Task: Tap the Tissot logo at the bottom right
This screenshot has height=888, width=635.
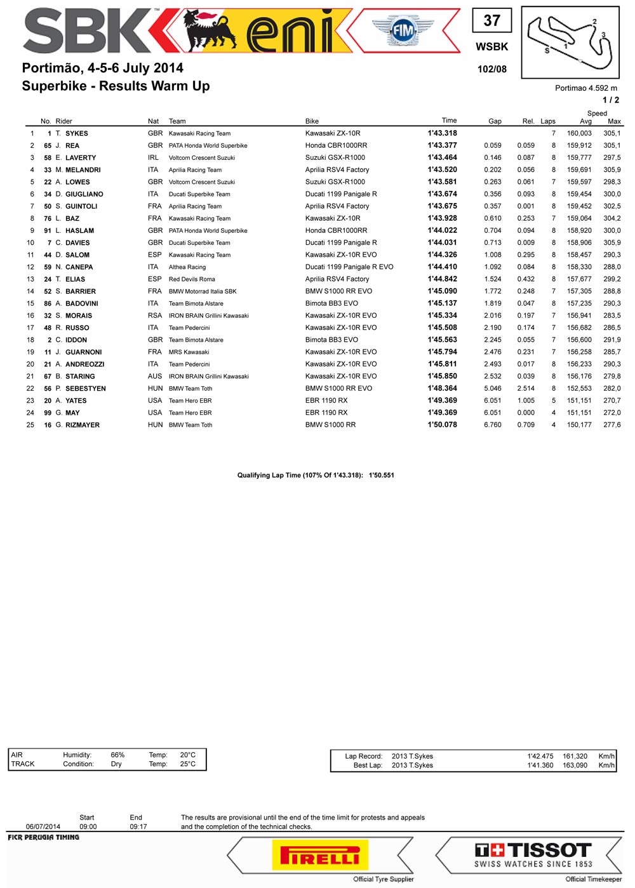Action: pyautogui.click(x=533, y=854)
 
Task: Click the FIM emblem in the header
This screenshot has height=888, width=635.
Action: pyautogui.click(x=403, y=30)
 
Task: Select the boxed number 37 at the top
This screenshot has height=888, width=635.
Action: pyautogui.click(x=491, y=20)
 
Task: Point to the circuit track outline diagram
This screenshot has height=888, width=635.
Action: pyautogui.click(x=570, y=42)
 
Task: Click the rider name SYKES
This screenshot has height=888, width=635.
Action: pyautogui.click(x=77, y=134)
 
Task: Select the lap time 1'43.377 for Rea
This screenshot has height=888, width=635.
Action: pyautogui.click(x=442, y=145)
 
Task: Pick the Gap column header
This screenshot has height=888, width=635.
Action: pyautogui.click(x=495, y=121)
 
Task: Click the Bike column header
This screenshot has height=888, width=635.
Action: pyautogui.click(x=312, y=121)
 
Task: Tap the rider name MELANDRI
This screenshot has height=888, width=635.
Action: pyautogui.click(x=83, y=170)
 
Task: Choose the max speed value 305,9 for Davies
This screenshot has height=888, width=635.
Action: pyautogui.click(x=612, y=243)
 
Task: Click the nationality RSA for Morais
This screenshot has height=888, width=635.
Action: pyautogui.click(x=155, y=316)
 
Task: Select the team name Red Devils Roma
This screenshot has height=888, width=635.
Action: pyautogui.click(x=192, y=279)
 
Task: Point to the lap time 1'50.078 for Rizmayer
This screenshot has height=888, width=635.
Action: pyautogui.click(x=442, y=425)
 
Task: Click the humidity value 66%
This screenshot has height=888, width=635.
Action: pyautogui.click(x=117, y=755)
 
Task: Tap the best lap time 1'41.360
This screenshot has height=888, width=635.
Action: pyautogui.click(x=540, y=766)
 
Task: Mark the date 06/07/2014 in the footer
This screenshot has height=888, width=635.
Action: pyautogui.click(x=43, y=826)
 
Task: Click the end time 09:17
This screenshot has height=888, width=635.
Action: pyautogui.click(x=138, y=826)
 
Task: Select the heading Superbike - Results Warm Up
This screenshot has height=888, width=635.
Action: pyautogui.click(x=116, y=86)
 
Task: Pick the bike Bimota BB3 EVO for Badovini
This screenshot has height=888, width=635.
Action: pyautogui.click(x=331, y=304)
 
